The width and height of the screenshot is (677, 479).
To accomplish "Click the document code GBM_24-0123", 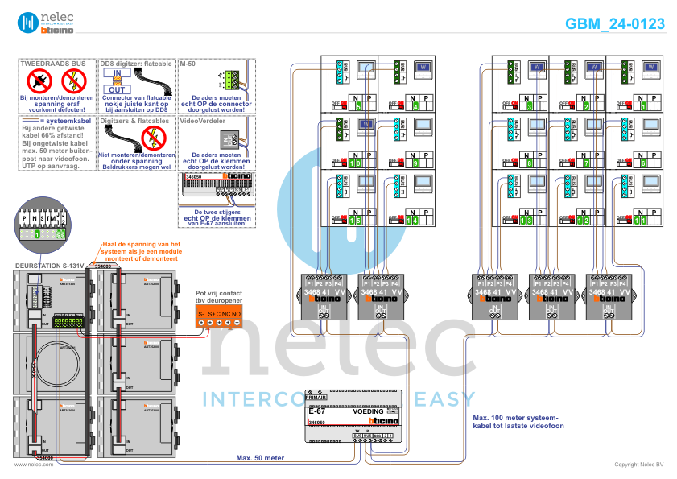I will [x=615, y=24].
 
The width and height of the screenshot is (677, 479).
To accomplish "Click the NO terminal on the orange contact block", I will [x=237, y=313].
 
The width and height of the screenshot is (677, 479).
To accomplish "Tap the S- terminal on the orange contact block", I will [x=202, y=313].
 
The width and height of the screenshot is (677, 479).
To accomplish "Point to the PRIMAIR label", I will [x=316, y=398].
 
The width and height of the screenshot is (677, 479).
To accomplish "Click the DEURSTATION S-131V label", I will [x=51, y=265].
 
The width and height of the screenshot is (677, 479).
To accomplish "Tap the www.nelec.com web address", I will [x=28, y=465].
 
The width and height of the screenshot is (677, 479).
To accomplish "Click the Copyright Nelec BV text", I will [x=638, y=465].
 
